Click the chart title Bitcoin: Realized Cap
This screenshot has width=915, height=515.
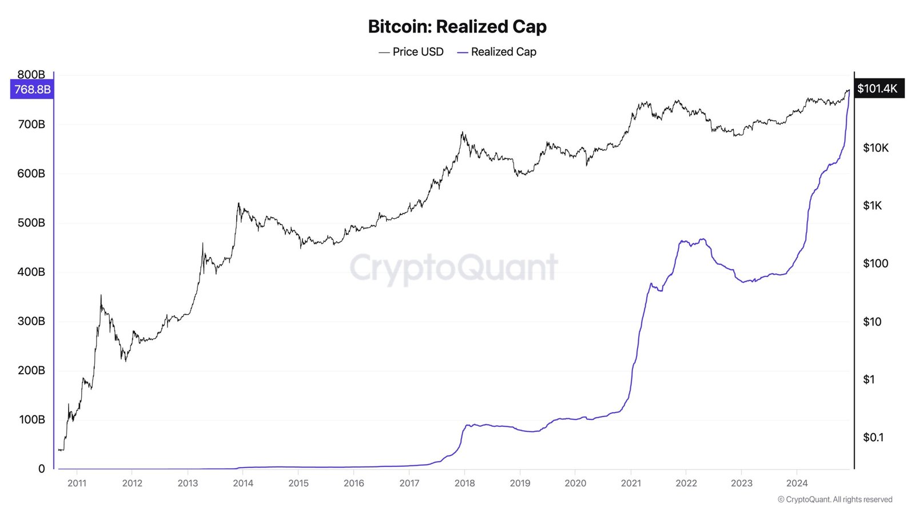[x=457, y=26]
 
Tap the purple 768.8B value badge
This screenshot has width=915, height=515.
[x=32, y=89]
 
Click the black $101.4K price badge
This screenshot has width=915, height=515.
[x=877, y=89]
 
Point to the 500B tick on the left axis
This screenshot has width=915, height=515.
[x=31, y=223]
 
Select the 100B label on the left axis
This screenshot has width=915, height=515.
[x=32, y=419]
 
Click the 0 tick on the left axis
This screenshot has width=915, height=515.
[x=41, y=469]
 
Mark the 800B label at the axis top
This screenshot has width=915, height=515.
[x=31, y=74]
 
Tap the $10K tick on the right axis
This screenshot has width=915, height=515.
[x=876, y=148]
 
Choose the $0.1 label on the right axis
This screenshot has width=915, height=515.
[x=873, y=438]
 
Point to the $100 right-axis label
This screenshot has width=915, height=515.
[x=876, y=264]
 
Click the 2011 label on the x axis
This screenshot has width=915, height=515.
[x=77, y=484]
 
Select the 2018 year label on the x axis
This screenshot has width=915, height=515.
[x=464, y=484]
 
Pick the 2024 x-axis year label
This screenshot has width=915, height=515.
[x=797, y=484]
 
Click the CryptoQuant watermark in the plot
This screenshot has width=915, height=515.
[x=453, y=267]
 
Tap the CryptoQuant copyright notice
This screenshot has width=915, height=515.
[x=835, y=500]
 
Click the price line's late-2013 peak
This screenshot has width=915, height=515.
[x=238, y=204]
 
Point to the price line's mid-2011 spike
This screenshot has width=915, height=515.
[x=101, y=296]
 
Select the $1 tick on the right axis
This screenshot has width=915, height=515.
[x=869, y=379]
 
